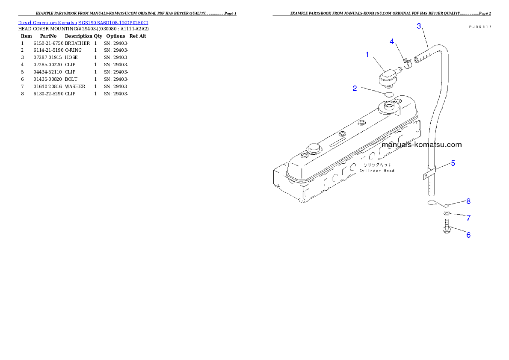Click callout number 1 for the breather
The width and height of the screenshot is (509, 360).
[367, 54]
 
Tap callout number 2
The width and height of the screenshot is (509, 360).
[355, 89]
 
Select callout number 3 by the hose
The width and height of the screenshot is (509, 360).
[419, 26]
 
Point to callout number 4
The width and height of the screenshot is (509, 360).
[392, 41]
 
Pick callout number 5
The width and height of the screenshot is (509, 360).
[453, 163]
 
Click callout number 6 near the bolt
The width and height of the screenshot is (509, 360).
[468, 235]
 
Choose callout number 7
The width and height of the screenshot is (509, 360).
[468, 218]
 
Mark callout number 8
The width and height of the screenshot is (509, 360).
[468, 201]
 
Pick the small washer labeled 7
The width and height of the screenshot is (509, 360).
[447, 213]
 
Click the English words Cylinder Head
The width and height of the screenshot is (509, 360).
[377, 171]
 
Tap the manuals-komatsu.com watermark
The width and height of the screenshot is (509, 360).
[421, 145]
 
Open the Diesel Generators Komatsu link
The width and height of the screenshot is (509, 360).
[83, 23]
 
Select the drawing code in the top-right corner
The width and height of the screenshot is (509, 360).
[479, 27]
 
